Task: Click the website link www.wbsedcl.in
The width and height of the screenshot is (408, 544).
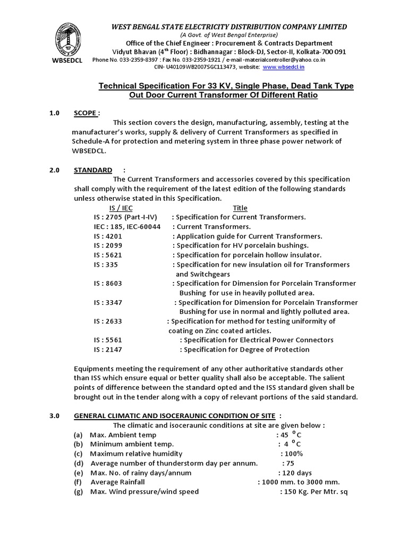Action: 284,67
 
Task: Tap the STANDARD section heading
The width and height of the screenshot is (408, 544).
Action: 93,170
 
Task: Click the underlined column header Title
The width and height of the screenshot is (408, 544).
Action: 240,208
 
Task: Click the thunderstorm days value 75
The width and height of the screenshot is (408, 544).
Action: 290,463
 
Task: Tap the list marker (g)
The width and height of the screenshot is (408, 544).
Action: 79,492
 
